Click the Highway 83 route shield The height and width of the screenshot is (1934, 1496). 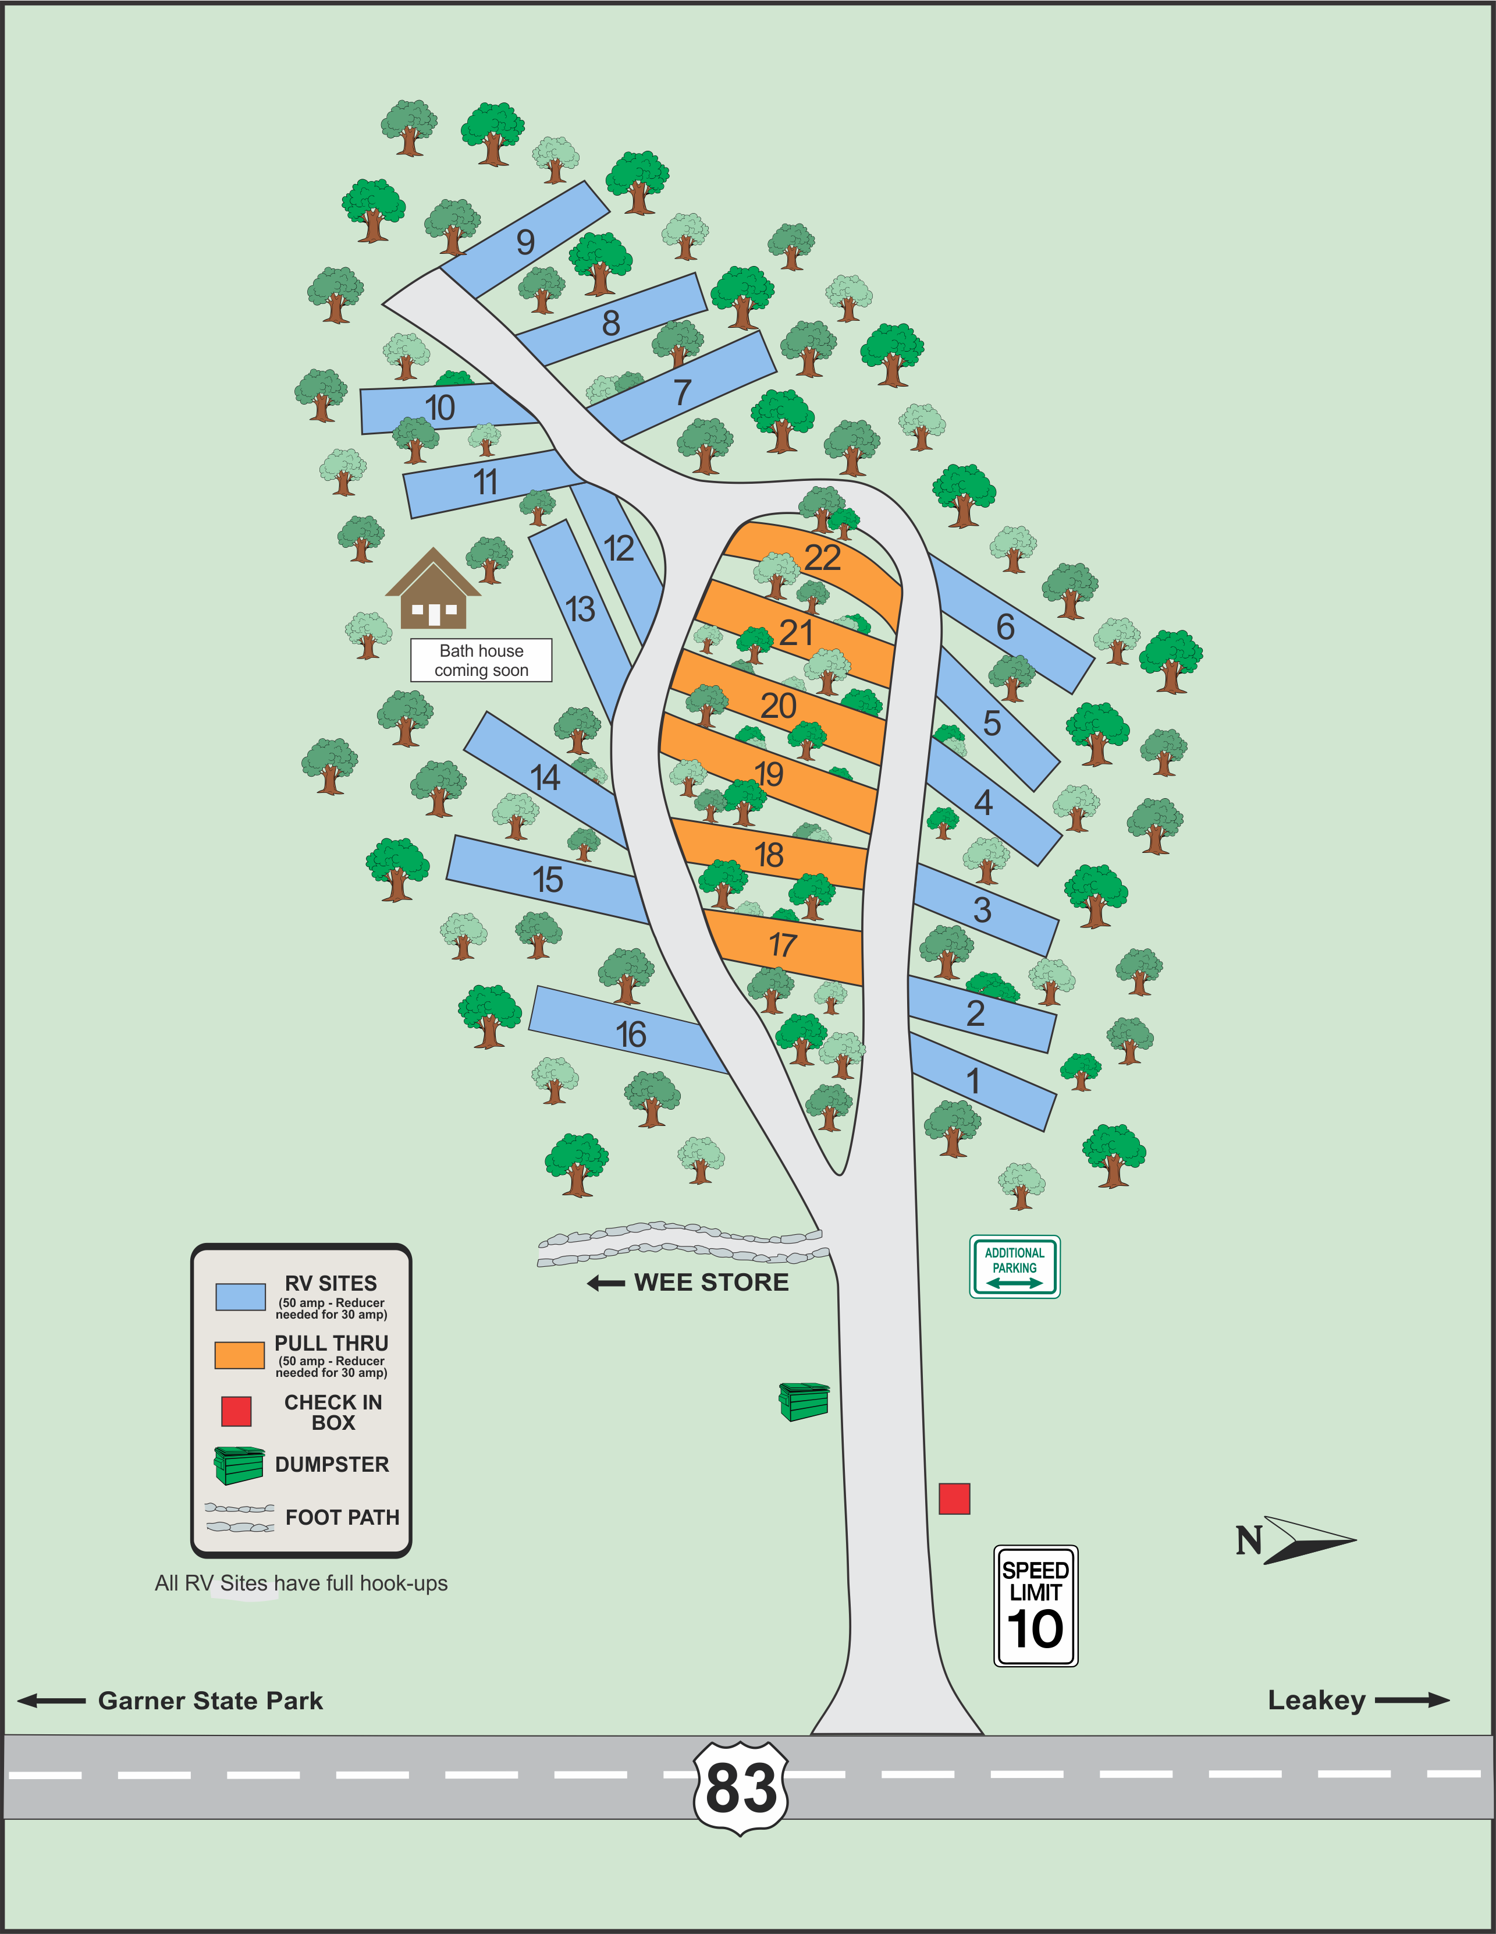[741, 1788]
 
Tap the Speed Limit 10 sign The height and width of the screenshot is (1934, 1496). [1036, 1606]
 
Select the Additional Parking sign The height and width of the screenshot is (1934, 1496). [1014, 1266]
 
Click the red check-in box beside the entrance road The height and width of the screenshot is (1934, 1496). [954, 1499]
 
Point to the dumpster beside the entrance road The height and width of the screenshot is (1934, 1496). [804, 1401]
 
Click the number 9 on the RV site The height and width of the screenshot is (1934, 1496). [526, 242]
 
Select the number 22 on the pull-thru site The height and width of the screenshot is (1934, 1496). [822, 558]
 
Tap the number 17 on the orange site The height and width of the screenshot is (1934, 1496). [783, 945]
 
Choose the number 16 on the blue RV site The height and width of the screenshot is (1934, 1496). [631, 1035]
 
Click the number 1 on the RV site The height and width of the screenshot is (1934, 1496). [973, 1081]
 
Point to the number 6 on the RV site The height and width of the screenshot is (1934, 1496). [1005, 627]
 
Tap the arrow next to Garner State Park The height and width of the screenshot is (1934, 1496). [51, 1700]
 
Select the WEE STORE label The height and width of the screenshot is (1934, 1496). [711, 1282]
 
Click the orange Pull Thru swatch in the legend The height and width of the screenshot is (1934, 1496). [240, 1355]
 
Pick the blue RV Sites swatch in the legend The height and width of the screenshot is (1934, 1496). [241, 1297]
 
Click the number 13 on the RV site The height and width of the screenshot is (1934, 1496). [581, 609]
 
